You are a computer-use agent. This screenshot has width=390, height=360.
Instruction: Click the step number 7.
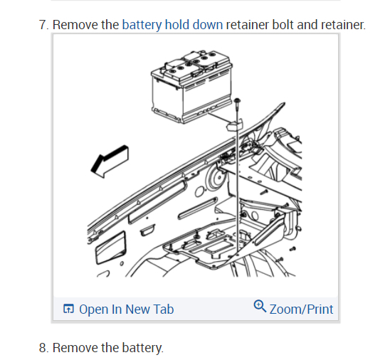pos(43,25)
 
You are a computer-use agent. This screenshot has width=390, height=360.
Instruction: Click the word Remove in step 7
pos(75,25)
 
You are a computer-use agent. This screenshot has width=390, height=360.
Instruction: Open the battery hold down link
pos(172,25)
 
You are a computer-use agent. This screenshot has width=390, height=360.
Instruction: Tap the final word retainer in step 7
pos(344,25)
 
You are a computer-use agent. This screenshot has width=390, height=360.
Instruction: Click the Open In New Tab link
pos(126,309)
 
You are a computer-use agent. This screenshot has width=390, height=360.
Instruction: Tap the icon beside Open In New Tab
pos(68,309)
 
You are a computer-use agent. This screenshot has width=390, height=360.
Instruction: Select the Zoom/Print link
pos(301,309)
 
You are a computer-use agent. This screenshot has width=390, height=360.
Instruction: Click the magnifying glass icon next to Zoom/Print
pos(260,307)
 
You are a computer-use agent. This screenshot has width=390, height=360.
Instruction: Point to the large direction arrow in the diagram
pos(110,161)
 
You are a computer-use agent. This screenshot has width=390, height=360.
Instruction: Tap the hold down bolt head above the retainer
pos(236,102)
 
